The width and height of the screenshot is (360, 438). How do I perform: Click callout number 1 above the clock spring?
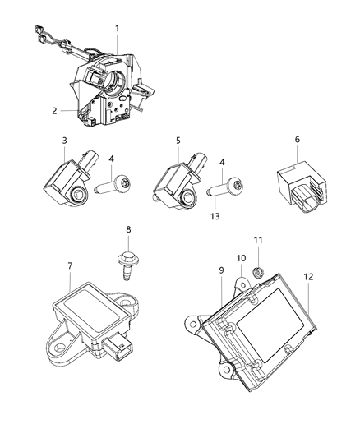[x=117, y=29]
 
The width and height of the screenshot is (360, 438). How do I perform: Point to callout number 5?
[x=178, y=141]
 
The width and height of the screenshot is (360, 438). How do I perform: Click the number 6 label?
[x=298, y=141]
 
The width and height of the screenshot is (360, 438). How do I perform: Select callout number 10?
[x=241, y=259]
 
